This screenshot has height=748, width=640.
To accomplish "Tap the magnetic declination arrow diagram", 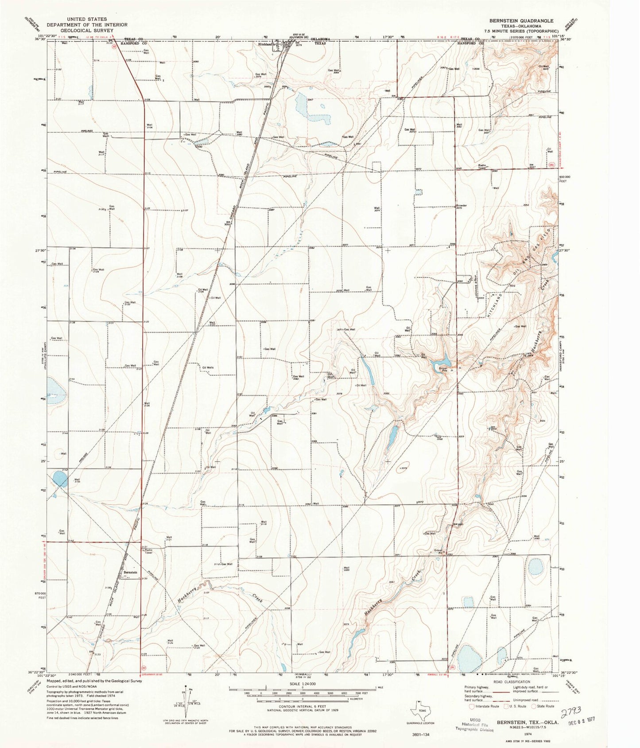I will (185, 700).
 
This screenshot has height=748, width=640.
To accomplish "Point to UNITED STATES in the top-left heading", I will (87, 19).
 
